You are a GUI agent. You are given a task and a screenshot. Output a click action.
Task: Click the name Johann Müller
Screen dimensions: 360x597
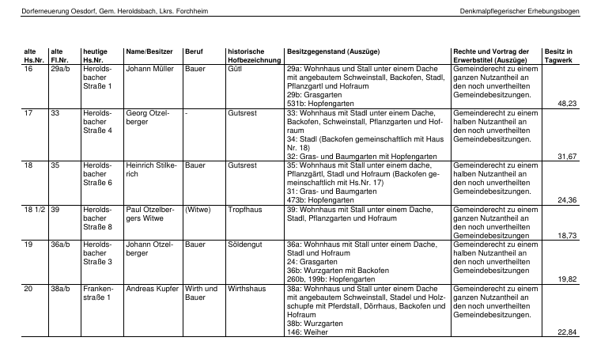149,70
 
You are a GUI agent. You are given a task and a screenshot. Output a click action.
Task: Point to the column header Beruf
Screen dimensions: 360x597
194,51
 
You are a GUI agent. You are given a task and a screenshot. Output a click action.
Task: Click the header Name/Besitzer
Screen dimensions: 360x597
147,51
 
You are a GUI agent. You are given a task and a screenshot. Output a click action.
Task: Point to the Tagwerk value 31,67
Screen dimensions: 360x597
567,156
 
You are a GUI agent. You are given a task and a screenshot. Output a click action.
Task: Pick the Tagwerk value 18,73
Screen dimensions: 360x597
567,236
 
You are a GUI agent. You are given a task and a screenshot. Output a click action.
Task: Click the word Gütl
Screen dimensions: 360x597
234,70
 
